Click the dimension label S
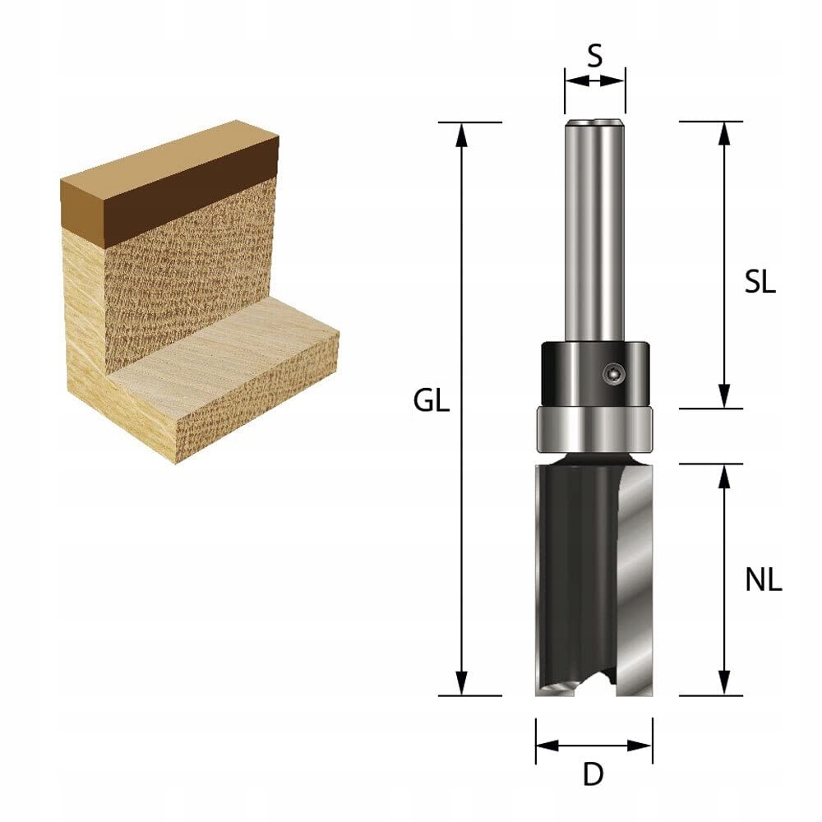(595, 56)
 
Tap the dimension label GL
(432, 402)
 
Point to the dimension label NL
(763, 581)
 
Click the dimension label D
(593, 775)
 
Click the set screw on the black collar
(612, 373)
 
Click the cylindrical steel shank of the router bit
(593, 230)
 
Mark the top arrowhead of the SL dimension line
(723, 132)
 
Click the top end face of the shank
(594, 123)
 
